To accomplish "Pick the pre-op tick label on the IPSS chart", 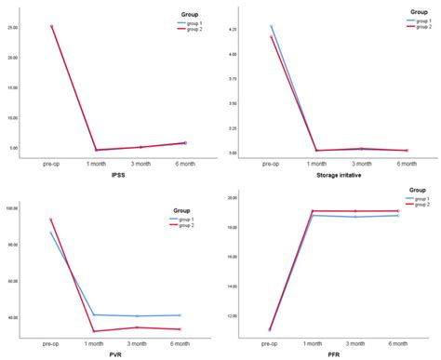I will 51,163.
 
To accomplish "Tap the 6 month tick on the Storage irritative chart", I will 407,163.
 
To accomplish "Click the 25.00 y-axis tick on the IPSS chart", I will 38,28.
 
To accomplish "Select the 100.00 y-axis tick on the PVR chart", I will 36,207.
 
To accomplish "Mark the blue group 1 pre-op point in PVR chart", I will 51,233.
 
